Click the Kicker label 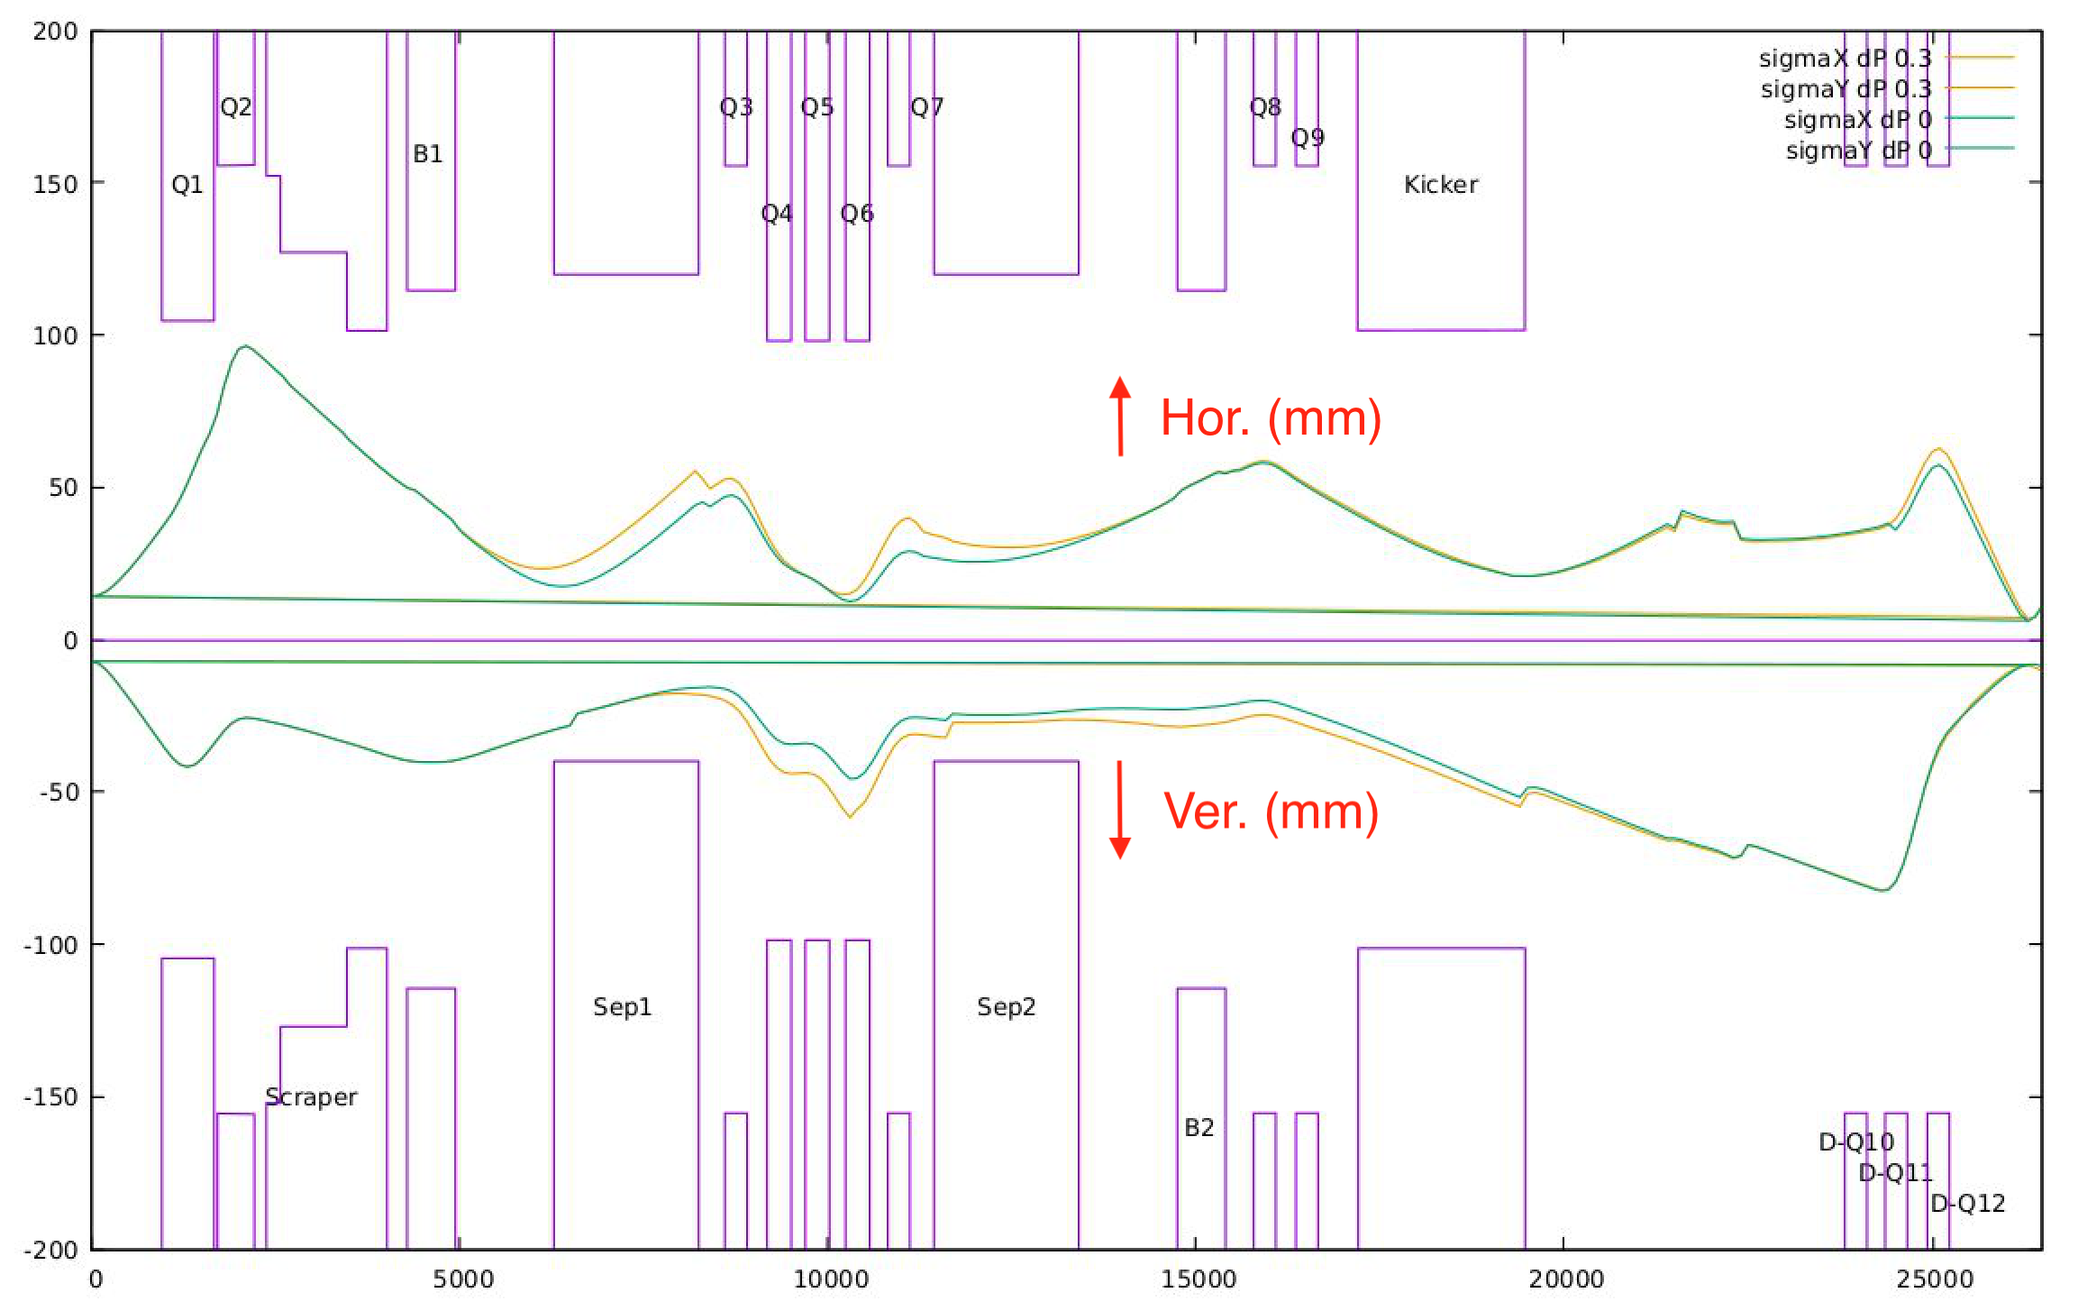tap(1440, 185)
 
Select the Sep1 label tap(622, 1006)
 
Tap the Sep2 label tap(1006, 1006)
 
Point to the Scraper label tap(311, 1096)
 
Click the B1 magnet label tap(428, 154)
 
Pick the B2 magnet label tap(1198, 1127)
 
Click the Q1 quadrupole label tap(187, 185)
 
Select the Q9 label tap(1308, 137)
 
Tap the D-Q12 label tap(1967, 1203)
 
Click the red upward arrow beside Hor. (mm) tap(1120, 416)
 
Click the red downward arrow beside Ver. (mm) tap(1120, 810)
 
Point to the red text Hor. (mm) tap(1271, 417)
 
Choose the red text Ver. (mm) tap(1271, 811)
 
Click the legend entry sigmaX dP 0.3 tap(1845, 59)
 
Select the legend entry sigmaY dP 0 tap(1858, 151)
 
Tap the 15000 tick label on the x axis tap(1198, 1279)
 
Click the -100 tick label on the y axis tap(50, 945)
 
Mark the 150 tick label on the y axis tap(56, 184)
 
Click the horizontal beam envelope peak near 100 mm tap(245, 346)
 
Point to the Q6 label tap(857, 214)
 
